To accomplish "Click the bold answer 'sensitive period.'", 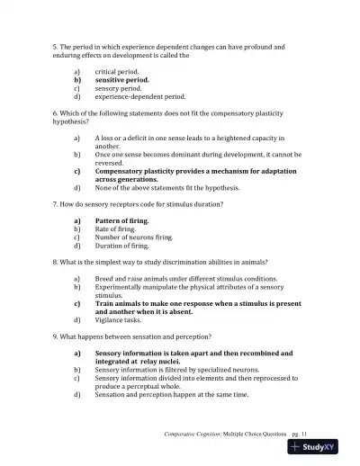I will point(121,79).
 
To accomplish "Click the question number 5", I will point(55,46).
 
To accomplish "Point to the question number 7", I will point(55,204).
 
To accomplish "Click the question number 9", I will point(55,336).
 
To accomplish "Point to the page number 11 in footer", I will point(304,434).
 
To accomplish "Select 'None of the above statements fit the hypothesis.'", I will point(167,187).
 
